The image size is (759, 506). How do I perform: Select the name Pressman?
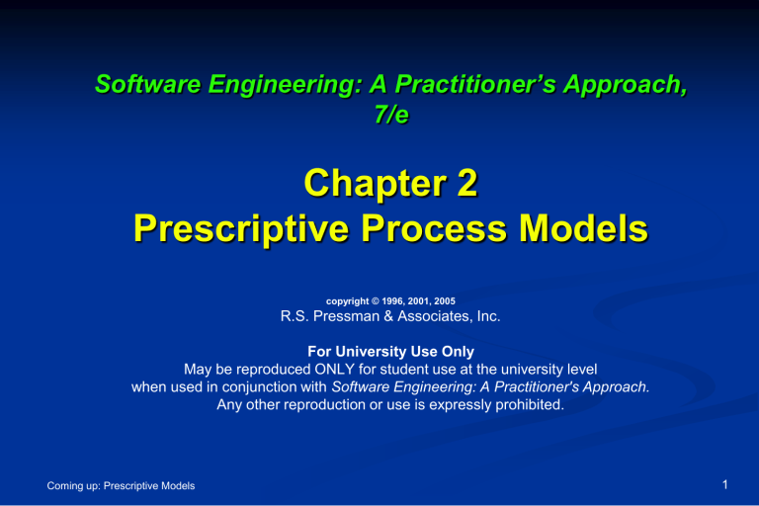tap(347, 318)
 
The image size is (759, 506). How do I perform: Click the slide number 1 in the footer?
tap(726, 484)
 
